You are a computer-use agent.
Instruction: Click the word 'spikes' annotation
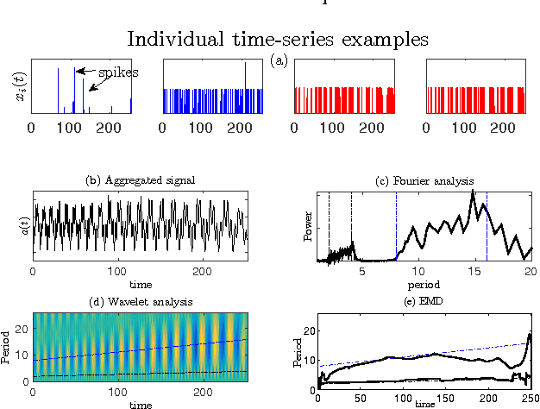point(117,72)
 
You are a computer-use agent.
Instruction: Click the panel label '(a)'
point(279,60)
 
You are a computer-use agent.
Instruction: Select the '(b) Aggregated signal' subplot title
point(140,180)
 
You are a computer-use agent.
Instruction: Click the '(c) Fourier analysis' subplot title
point(424,180)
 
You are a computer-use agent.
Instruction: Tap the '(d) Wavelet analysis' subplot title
point(140,300)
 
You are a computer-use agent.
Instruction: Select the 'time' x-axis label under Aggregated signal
point(140,284)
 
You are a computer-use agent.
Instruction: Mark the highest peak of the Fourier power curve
point(472,192)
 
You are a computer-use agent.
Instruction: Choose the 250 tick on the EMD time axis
point(528,398)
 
